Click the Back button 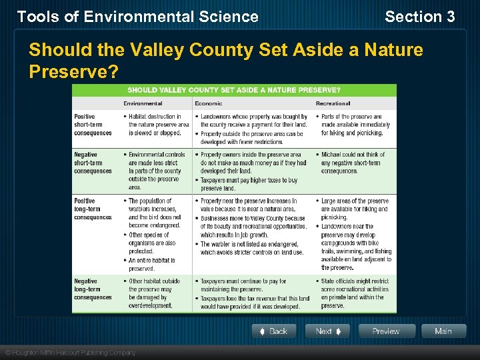pyautogui.click(x=273, y=331)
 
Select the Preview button pyautogui.click(x=387, y=331)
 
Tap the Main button pyautogui.click(x=443, y=331)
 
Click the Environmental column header pyautogui.click(x=143, y=103)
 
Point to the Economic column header pyautogui.click(x=209, y=103)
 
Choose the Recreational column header pyautogui.click(x=333, y=103)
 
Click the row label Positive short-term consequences pyautogui.click(x=93, y=125)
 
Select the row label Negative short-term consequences pyautogui.click(x=93, y=163)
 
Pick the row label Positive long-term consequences pyautogui.click(x=93, y=209)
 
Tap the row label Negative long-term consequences pyautogui.click(x=93, y=289)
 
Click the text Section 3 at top pyautogui.click(x=419, y=17)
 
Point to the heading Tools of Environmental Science pyautogui.click(x=137, y=17)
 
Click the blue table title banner pyautogui.click(x=234, y=90)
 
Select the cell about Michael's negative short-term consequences pyautogui.click(x=353, y=163)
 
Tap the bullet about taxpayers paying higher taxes pyautogui.click(x=249, y=184)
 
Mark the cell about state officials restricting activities pyautogui.click(x=356, y=293)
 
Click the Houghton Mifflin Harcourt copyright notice pyautogui.click(x=70, y=352)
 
